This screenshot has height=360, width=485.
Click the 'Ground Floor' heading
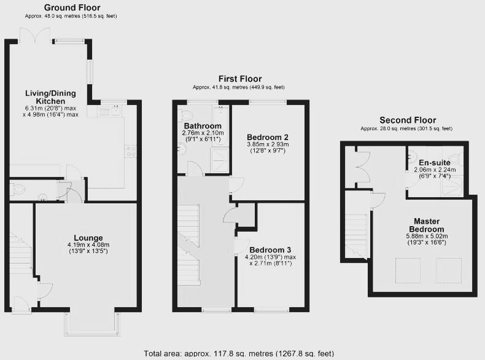[x=72, y=8]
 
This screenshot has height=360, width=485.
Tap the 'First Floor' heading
[x=240, y=79]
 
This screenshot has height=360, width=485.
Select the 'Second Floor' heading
[x=407, y=120]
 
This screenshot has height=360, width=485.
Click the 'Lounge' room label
[x=88, y=238]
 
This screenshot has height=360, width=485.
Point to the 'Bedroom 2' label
[x=267, y=137]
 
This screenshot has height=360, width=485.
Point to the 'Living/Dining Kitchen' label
[x=50, y=96]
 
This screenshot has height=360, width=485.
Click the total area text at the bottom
[x=239, y=353]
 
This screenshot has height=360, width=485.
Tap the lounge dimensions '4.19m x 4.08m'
[x=88, y=246]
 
